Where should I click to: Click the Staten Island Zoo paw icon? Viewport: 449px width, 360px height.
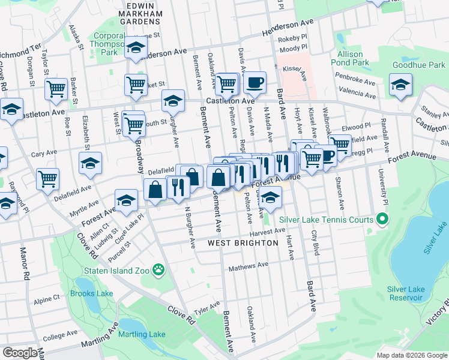[x=158, y=271]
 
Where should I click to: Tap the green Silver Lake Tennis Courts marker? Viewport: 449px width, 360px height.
[x=381, y=220]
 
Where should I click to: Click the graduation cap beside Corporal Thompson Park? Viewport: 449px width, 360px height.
[x=136, y=47]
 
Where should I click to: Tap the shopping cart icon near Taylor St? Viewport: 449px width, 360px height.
[x=56, y=89]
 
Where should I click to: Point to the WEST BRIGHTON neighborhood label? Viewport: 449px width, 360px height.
[x=243, y=243]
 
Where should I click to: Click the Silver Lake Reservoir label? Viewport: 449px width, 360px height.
[x=406, y=293]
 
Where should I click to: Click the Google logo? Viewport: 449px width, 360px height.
[x=20, y=353]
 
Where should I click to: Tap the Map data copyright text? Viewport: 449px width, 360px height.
[x=411, y=355]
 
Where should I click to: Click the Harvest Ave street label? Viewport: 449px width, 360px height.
[x=267, y=231]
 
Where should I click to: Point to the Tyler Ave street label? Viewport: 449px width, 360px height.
[x=207, y=307]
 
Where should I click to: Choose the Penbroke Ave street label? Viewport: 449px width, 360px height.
[x=355, y=82]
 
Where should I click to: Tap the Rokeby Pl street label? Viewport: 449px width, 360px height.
[x=293, y=40]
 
